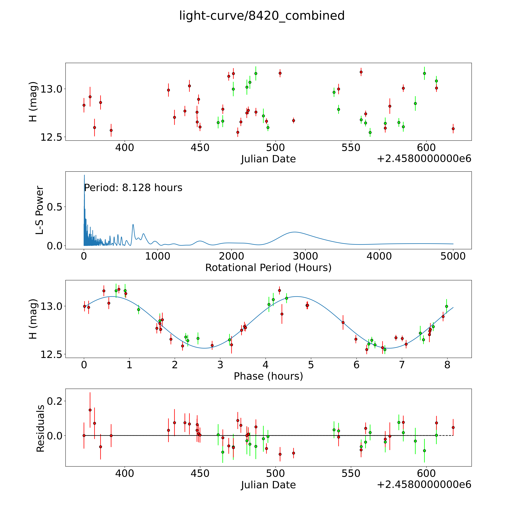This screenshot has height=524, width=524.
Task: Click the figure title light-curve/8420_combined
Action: click(x=262, y=16)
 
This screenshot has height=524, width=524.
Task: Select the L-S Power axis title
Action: click(x=40, y=210)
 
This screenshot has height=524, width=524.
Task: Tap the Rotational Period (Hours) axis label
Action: click(x=268, y=268)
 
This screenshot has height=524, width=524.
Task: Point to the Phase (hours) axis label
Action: click(x=268, y=376)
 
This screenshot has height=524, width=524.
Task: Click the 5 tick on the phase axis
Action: click(x=311, y=365)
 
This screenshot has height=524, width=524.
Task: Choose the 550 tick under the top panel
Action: click(x=351, y=148)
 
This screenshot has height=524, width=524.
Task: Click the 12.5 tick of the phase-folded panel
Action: click(x=51, y=354)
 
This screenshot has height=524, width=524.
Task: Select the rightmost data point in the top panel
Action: click(x=453, y=129)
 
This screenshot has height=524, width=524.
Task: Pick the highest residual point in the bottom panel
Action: click(x=90, y=410)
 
